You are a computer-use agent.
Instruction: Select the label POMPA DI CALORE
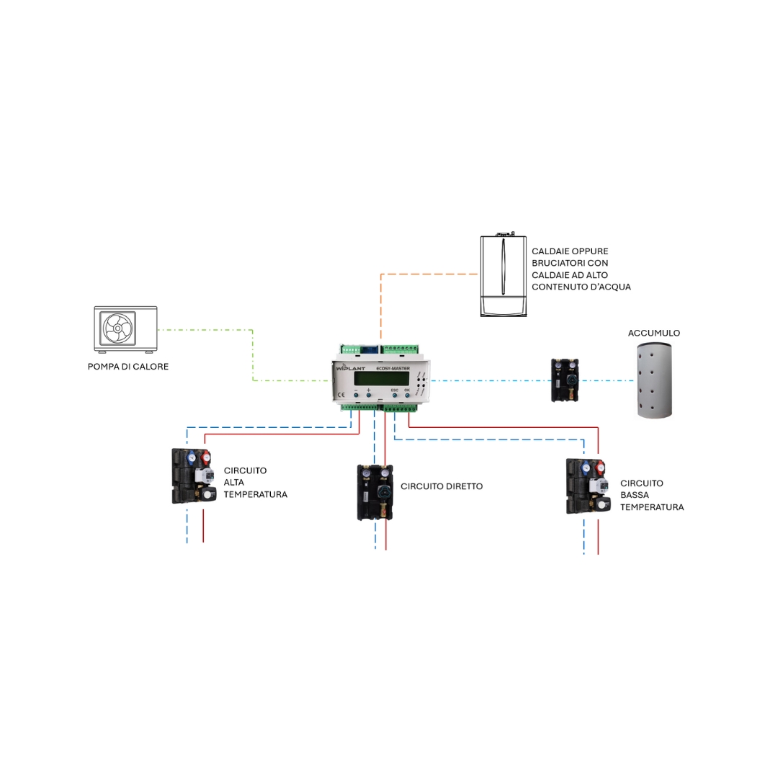[x=128, y=367]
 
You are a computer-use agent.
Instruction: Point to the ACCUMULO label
[x=653, y=334]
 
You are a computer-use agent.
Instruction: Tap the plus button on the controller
[x=368, y=395]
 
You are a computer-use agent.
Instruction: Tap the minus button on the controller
[x=355, y=395]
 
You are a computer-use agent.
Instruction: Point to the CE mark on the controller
[x=341, y=395]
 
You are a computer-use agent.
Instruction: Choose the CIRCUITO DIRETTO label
[x=442, y=486]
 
